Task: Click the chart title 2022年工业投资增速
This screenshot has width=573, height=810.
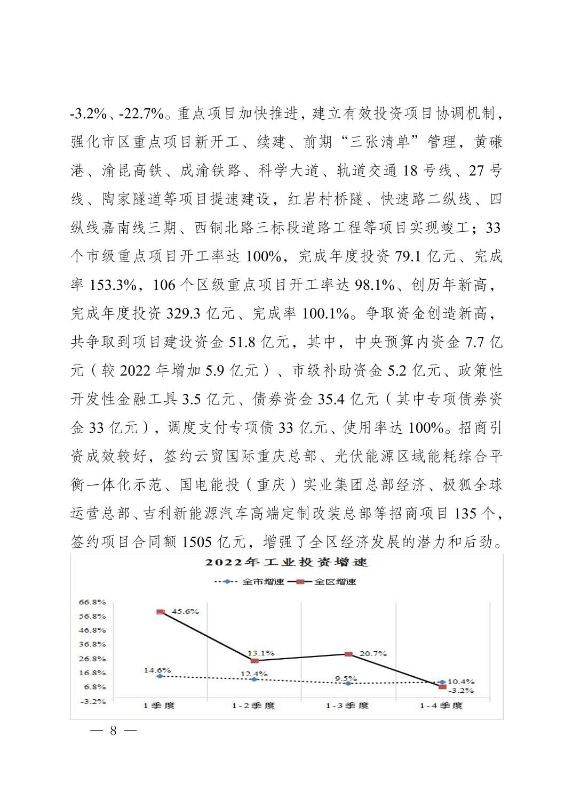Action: coord(286,563)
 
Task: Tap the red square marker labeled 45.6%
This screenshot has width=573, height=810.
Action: coord(160,612)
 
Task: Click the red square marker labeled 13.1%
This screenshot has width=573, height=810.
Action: coord(254,661)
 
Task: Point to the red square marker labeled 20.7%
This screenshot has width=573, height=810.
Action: coord(348,654)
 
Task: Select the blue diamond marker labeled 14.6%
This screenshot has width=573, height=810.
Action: coord(160,676)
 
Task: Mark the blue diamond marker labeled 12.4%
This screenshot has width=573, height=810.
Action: coord(254,679)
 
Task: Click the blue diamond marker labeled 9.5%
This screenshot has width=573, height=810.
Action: coord(348,683)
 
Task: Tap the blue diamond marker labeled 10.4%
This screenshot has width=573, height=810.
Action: coord(442,682)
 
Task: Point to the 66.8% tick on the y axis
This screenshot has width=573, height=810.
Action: coord(93,602)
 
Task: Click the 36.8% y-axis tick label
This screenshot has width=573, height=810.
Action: coord(93,644)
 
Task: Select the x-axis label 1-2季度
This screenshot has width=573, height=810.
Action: coord(253,706)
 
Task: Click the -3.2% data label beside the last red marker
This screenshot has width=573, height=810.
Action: coord(460,691)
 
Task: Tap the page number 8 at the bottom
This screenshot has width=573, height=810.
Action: coord(113,731)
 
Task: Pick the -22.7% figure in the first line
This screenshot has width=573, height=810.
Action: coord(141,114)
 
